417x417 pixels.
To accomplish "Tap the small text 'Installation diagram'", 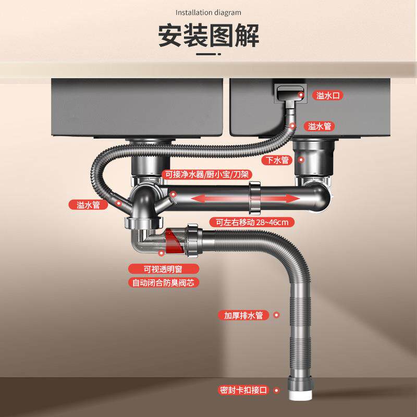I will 208,12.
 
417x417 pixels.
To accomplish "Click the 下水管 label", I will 277,160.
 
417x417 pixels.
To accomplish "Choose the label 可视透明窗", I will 164,269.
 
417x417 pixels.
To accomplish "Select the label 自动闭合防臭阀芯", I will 164,283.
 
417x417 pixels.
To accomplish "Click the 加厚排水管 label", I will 243,315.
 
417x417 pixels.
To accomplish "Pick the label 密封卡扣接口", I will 243,390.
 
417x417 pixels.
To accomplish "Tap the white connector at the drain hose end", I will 300,392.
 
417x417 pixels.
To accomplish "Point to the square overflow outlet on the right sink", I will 288,95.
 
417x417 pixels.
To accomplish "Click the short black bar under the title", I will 208,53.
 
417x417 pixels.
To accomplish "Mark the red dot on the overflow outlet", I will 302,94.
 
